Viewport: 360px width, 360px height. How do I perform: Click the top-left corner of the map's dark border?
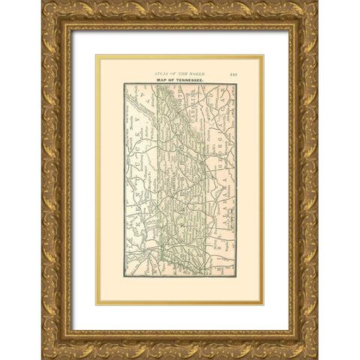point(124,83)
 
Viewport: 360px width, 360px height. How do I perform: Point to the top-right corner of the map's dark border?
point(235,83)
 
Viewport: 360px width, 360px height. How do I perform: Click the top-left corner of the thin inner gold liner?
point(95,55)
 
